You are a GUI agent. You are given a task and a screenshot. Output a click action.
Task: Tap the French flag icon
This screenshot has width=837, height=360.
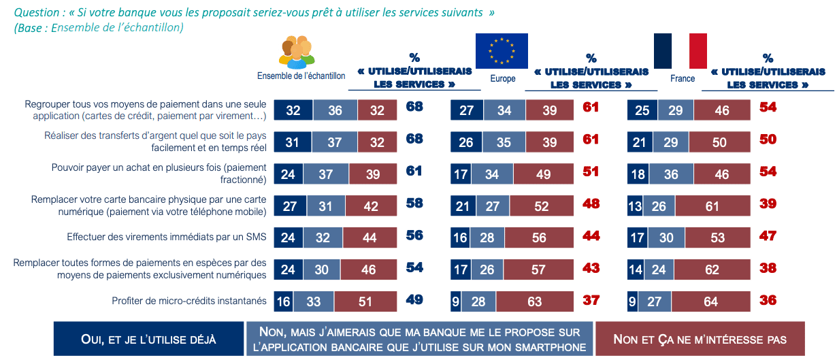680,50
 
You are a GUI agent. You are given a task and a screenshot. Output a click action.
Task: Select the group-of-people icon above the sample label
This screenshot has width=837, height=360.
297,52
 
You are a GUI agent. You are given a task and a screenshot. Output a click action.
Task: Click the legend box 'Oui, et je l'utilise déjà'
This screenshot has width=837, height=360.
148,339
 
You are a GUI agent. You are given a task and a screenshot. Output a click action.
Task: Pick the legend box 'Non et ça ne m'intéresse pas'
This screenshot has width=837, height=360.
700,339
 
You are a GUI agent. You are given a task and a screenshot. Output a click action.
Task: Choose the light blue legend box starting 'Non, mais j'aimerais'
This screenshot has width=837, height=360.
419,339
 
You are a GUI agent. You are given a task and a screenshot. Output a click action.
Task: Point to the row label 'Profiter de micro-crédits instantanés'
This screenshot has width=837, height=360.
189,300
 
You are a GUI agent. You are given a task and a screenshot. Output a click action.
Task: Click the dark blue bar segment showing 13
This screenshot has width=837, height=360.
635,206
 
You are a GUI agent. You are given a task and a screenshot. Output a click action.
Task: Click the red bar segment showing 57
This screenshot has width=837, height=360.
538,269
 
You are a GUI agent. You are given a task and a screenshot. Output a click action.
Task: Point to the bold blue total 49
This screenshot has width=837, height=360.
414,299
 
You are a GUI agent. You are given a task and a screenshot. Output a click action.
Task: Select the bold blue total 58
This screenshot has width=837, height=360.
414,204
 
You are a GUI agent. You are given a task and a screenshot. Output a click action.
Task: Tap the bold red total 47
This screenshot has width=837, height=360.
768,236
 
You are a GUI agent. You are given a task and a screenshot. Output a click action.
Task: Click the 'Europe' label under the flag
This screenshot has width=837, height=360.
503,78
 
